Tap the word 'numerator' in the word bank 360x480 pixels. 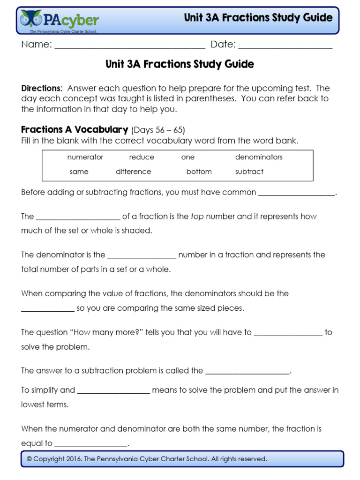pos(85,157)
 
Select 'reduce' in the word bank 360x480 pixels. pos(142,157)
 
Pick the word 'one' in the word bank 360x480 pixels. pos(187,157)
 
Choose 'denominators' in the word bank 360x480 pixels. pos(259,157)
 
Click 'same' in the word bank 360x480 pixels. pos(79,172)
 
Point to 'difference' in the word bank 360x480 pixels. pos(134,172)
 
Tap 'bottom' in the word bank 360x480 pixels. pos(199,172)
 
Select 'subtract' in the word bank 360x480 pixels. pos(249,172)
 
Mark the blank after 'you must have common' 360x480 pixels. pos(297,194)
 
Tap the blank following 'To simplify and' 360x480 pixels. pos(113,391)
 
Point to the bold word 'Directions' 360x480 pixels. pos(41,88)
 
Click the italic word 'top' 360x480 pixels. pos(197,217)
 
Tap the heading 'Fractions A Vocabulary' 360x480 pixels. pos(75,129)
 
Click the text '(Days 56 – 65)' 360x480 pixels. pos(155,130)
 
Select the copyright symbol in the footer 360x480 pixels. pos(29,459)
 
